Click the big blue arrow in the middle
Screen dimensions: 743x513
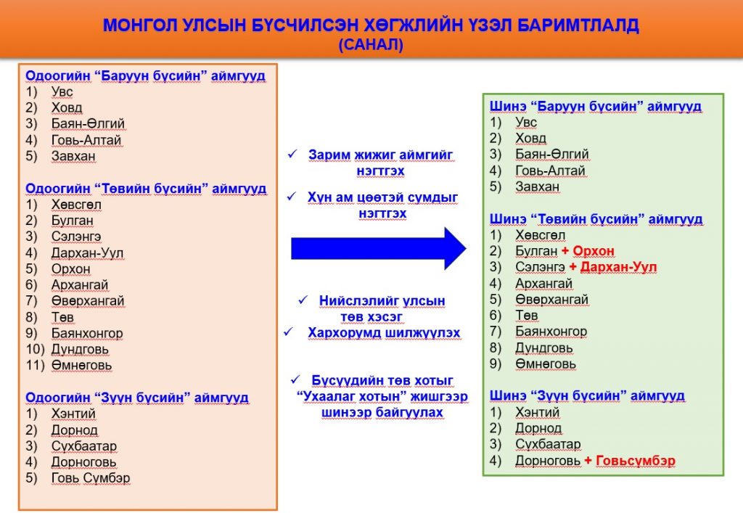pyautogui.click(x=378, y=248)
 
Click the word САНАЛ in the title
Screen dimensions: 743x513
pyautogui.click(x=371, y=44)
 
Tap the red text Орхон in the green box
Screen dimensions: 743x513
pyautogui.click(x=594, y=251)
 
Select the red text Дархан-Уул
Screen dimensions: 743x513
pyautogui.click(x=618, y=267)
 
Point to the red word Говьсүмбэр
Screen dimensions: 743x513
pyautogui.click(x=636, y=461)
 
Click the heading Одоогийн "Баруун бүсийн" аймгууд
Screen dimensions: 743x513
pyautogui.click(x=145, y=75)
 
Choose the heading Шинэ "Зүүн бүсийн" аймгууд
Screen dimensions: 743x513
pyautogui.click(x=587, y=395)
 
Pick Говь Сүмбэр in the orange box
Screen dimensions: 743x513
pyautogui.click(x=91, y=478)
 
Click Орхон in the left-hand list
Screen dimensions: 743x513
pyautogui.click(x=70, y=269)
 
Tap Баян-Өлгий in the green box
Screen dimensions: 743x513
pyautogui.click(x=552, y=155)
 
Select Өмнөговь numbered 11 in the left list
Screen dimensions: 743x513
pyautogui.click(x=81, y=366)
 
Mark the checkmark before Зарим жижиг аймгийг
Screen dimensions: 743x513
pyautogui.click(x=292, y=154)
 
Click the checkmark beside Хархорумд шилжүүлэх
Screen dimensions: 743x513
pyautogui.click(x=289, y=332)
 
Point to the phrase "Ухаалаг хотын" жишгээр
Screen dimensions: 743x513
pyautogui.click(x=382, y=396)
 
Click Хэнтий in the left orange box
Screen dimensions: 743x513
pyautogui.click(x=73, y=414)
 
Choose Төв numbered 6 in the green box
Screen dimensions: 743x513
pyautogui.click(x=527, y=316)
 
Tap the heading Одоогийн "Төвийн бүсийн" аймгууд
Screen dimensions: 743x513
pyautogui.click(x=146, y=189)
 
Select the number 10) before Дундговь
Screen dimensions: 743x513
pyautogui.click(x=35, y=350)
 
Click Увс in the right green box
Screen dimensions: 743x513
pyautogui.click(x=526, y=122)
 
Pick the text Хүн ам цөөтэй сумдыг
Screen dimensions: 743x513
pyautogui.click(x=383, y=197)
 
